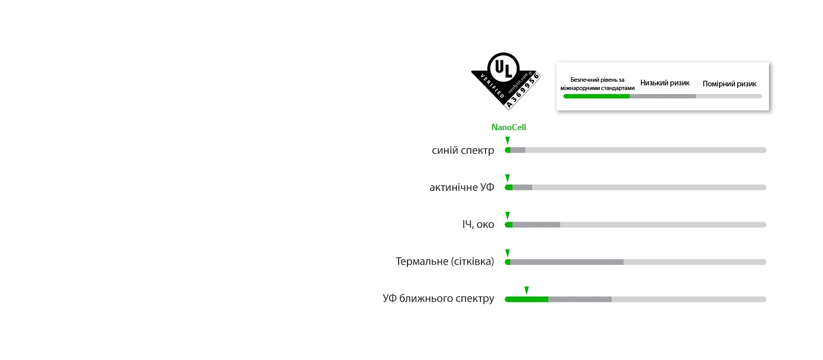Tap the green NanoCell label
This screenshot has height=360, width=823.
(508, 127)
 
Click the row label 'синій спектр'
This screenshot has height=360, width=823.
(462, 150)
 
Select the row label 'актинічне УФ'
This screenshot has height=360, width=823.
(461, 187)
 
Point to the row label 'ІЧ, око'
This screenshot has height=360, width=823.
(478, 224)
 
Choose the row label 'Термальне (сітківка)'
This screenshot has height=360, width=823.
(444, 261)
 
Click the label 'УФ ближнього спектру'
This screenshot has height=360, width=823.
(438, 298)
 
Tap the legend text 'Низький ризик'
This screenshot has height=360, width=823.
(665, 83)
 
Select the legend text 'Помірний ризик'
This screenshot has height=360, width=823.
(729, 84)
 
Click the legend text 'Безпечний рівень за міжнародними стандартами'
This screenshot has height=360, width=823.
(597, 84)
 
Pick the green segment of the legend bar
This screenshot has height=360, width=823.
(597, 96)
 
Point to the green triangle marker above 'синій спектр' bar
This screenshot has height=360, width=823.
(508, 140)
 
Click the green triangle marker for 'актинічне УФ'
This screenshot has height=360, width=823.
(508, 178)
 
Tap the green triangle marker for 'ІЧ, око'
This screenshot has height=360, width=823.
(508, 215)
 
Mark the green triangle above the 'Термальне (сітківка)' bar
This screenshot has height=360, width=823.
(508, 253)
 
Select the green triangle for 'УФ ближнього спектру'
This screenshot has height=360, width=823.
(526, 290)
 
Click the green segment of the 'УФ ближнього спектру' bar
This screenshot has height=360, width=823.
(526, 299)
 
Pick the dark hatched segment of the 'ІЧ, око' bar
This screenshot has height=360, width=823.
(536, 225)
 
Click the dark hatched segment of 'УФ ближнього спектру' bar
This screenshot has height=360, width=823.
(580, 299)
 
